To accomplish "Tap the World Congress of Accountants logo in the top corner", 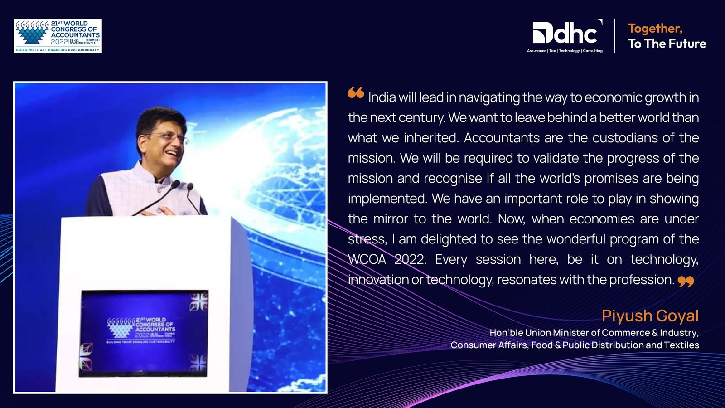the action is click(58, 36).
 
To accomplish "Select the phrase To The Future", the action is click(667, 44).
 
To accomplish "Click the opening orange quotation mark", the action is click(356, 92).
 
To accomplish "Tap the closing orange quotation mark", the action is click(686, 282).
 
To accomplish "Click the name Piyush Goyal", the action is click(650, 316).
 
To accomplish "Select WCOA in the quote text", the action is click(367, 259).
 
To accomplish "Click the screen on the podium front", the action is click(144, 334).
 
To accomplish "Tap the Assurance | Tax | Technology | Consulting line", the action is click(565, 51).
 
